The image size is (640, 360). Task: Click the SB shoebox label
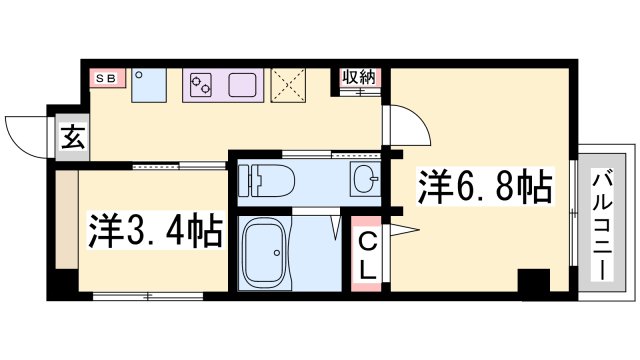tap(104, 76)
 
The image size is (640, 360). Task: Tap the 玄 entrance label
tap(73, 137)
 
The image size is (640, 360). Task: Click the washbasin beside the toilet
tap(364, 181)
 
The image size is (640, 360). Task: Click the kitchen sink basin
tap(245, 84)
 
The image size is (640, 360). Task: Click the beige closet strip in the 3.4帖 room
tap(65, 224)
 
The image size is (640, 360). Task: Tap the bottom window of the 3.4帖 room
tap(147, 295)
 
